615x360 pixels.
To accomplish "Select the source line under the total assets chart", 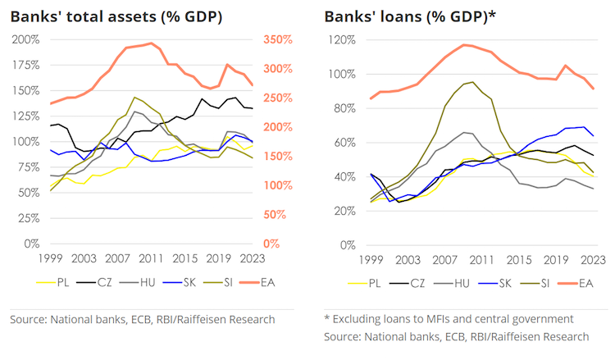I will (x=142, y=319).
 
